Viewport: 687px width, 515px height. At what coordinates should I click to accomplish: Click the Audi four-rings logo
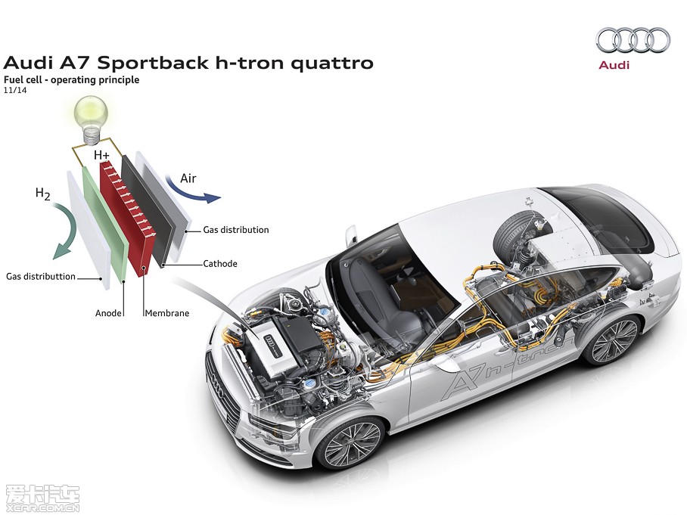(x=633, y=40)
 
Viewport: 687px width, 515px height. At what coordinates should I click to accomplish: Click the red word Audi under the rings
(x=614, y=65)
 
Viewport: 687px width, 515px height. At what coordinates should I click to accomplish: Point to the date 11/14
(x=15, y=90)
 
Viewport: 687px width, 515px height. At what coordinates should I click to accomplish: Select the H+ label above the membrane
(x=102, y=155)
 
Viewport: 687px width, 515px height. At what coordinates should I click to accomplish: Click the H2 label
(x=44, y=193)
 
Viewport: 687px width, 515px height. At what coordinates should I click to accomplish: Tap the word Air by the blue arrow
(x=188, y=178)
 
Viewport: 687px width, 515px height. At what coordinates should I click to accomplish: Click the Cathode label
(x=220, y=264)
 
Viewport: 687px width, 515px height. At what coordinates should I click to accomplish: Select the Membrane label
(x=166, y=312)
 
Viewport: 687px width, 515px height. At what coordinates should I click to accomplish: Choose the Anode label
(x=109, y=312)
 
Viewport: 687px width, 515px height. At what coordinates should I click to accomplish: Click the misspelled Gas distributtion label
(x=41, y=277)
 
